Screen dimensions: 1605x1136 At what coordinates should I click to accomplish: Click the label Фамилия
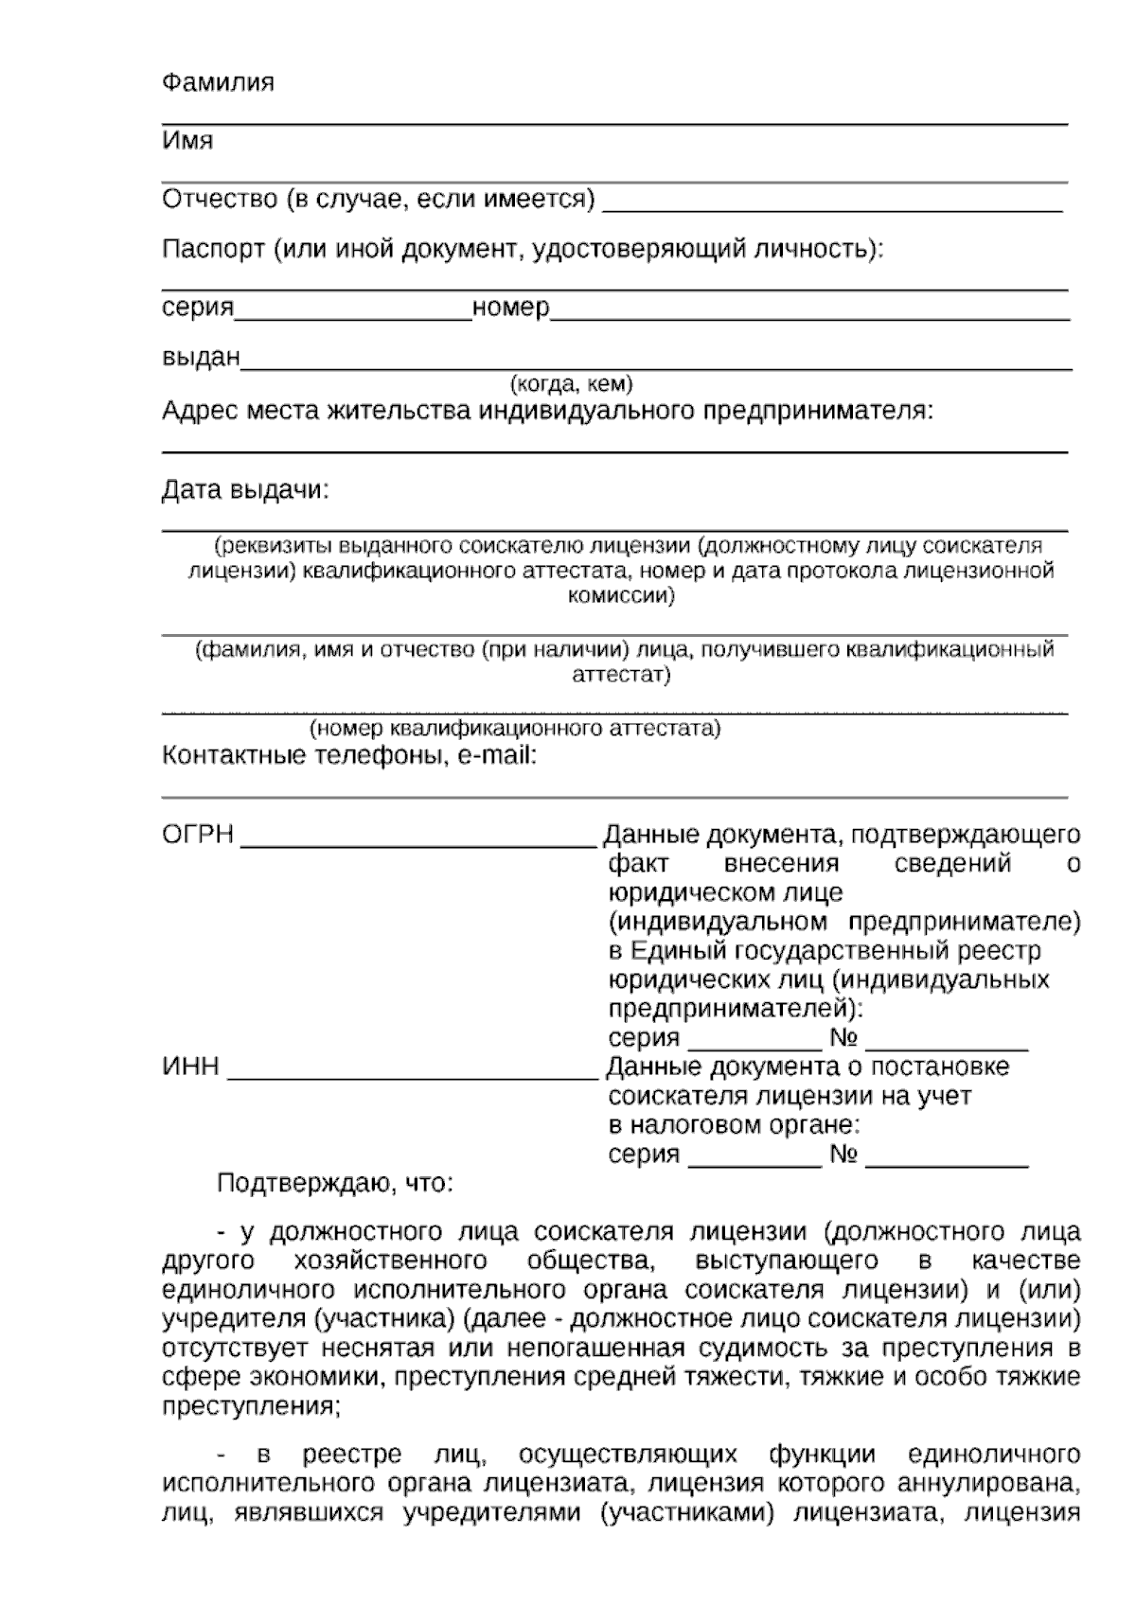click(x=218, y=82)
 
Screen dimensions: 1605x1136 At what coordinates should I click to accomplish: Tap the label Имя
click(x=187, y=141)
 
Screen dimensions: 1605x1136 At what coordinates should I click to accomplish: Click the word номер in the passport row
click(x=510, y=308)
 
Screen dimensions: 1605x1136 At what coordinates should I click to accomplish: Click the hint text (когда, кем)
click(x=571, y=384)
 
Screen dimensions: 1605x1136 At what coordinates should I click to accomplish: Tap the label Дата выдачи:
click(x=245, y=490)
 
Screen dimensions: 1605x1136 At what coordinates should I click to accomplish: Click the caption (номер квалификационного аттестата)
click(x=515, y=729)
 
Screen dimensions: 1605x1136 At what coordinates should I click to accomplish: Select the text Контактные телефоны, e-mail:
click(x=349, y=756)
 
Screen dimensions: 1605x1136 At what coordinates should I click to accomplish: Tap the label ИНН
click(x=190, y=1067)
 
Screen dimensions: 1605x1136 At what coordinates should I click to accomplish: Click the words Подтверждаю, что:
click(x=335, y=1183)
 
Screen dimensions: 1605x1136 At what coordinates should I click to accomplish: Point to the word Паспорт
click(x=213, y=250)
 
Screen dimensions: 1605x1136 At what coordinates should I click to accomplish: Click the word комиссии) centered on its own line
click(x=620, y=596)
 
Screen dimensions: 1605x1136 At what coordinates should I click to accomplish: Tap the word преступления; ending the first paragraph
click(x=251, y=1405)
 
